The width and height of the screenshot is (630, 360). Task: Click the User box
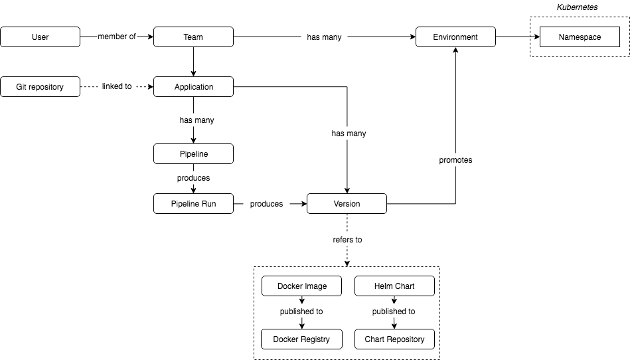tap(40, 37)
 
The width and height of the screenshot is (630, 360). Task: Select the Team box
tap(193, 37)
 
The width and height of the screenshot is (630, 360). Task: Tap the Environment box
tap(455, 37)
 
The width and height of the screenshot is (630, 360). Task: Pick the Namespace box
tap(580, 37)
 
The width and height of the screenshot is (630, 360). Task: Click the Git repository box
tap(40, 87)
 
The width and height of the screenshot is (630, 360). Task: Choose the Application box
tap(193, 87)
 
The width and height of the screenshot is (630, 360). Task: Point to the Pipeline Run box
tap(193, 204)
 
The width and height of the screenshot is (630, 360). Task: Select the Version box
tap(347, 204)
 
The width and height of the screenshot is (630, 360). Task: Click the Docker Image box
tap(302, 286)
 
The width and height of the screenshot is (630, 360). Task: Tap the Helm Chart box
tap(394, 286)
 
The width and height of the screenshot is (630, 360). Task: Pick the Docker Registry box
tap(302, 339)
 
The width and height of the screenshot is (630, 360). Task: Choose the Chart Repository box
tap(394, 339)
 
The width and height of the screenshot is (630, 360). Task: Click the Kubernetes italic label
tap(577, 7)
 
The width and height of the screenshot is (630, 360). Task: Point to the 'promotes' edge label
tap(455, 160)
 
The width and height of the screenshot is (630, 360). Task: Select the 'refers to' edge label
tap(347, 240)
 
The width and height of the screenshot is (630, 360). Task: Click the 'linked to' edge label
tap(117, 86)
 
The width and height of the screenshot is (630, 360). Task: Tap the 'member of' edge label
tap(117, 37)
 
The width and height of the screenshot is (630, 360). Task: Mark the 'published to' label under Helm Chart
tap(394, 312)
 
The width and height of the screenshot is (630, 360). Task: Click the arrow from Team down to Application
tap(193, 62)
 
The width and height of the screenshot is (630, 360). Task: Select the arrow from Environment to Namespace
tap(518, 37)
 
